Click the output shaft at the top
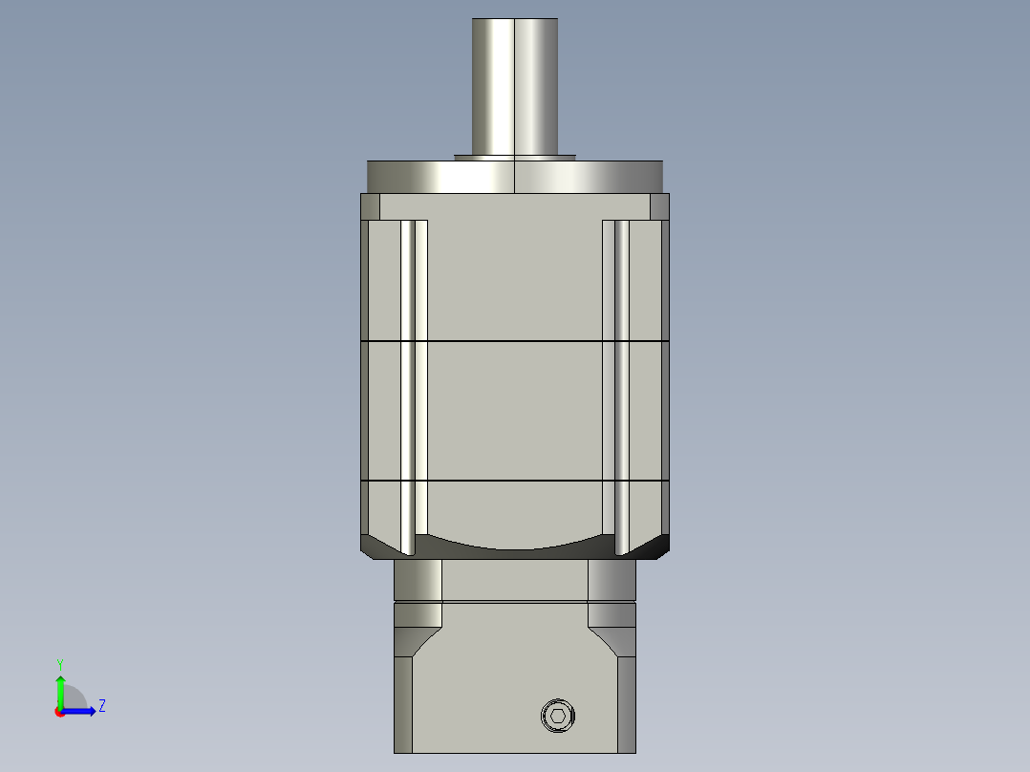(515, 86)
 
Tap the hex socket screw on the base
(559, 716)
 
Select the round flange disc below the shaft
(515, 177)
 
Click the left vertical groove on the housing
(414, 382)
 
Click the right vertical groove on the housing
(616, 382)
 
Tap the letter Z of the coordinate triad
(101, 707)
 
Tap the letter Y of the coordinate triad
(60, 663)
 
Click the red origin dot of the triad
(59, 712)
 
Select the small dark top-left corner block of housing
(370, 206)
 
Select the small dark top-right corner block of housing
(659, 206)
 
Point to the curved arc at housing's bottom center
(515, 547)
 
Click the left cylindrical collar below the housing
(418, 579)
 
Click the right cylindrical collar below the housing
(612, 579)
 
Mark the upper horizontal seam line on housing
(515, 341)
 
